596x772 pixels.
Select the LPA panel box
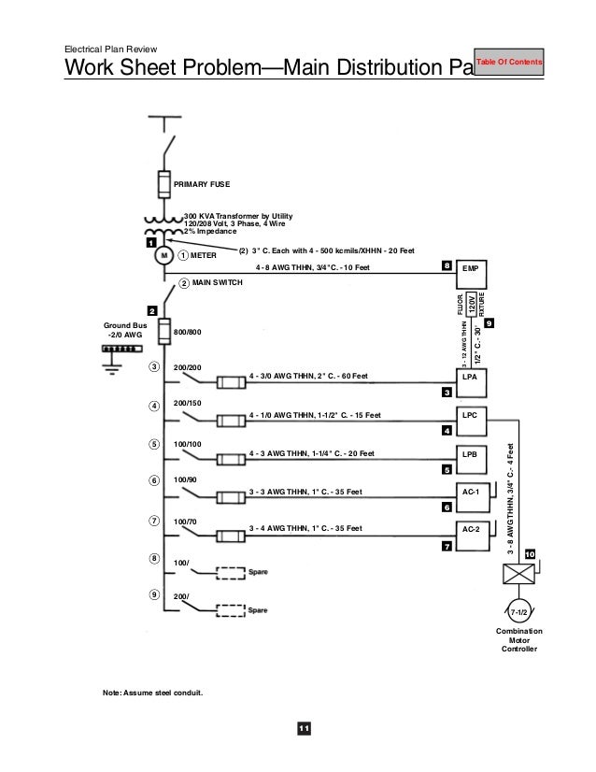471,377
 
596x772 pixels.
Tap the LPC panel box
471,415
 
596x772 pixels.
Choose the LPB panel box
471,453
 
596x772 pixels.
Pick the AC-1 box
471,491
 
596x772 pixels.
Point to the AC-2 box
471,529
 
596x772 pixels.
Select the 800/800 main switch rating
189,332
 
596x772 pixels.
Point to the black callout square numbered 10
530,555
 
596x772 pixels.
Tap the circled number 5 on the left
154,443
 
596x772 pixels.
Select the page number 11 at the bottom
303,729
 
